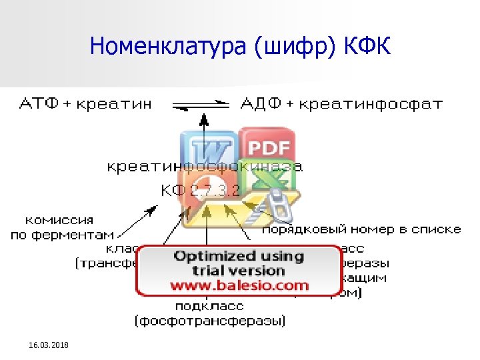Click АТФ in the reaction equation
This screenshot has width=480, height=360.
click(x=39, y=104)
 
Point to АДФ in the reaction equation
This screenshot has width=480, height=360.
click(x=261, y=104)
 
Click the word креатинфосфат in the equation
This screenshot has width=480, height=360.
click(x=371, y=104)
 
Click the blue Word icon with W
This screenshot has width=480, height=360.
click(x=208, y=150)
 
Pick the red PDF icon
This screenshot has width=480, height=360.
click(x=269, y=148)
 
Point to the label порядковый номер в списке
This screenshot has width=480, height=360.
click(x=361, y=229)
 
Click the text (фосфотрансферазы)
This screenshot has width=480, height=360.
click(x=209, y=321)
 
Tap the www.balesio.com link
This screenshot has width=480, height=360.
click(x=239, y=285)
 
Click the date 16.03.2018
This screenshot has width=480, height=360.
click(x=49, y=344)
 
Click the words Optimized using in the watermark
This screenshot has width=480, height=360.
click(x=239, y=256)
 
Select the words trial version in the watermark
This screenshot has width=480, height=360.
click(x=239, y=271)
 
